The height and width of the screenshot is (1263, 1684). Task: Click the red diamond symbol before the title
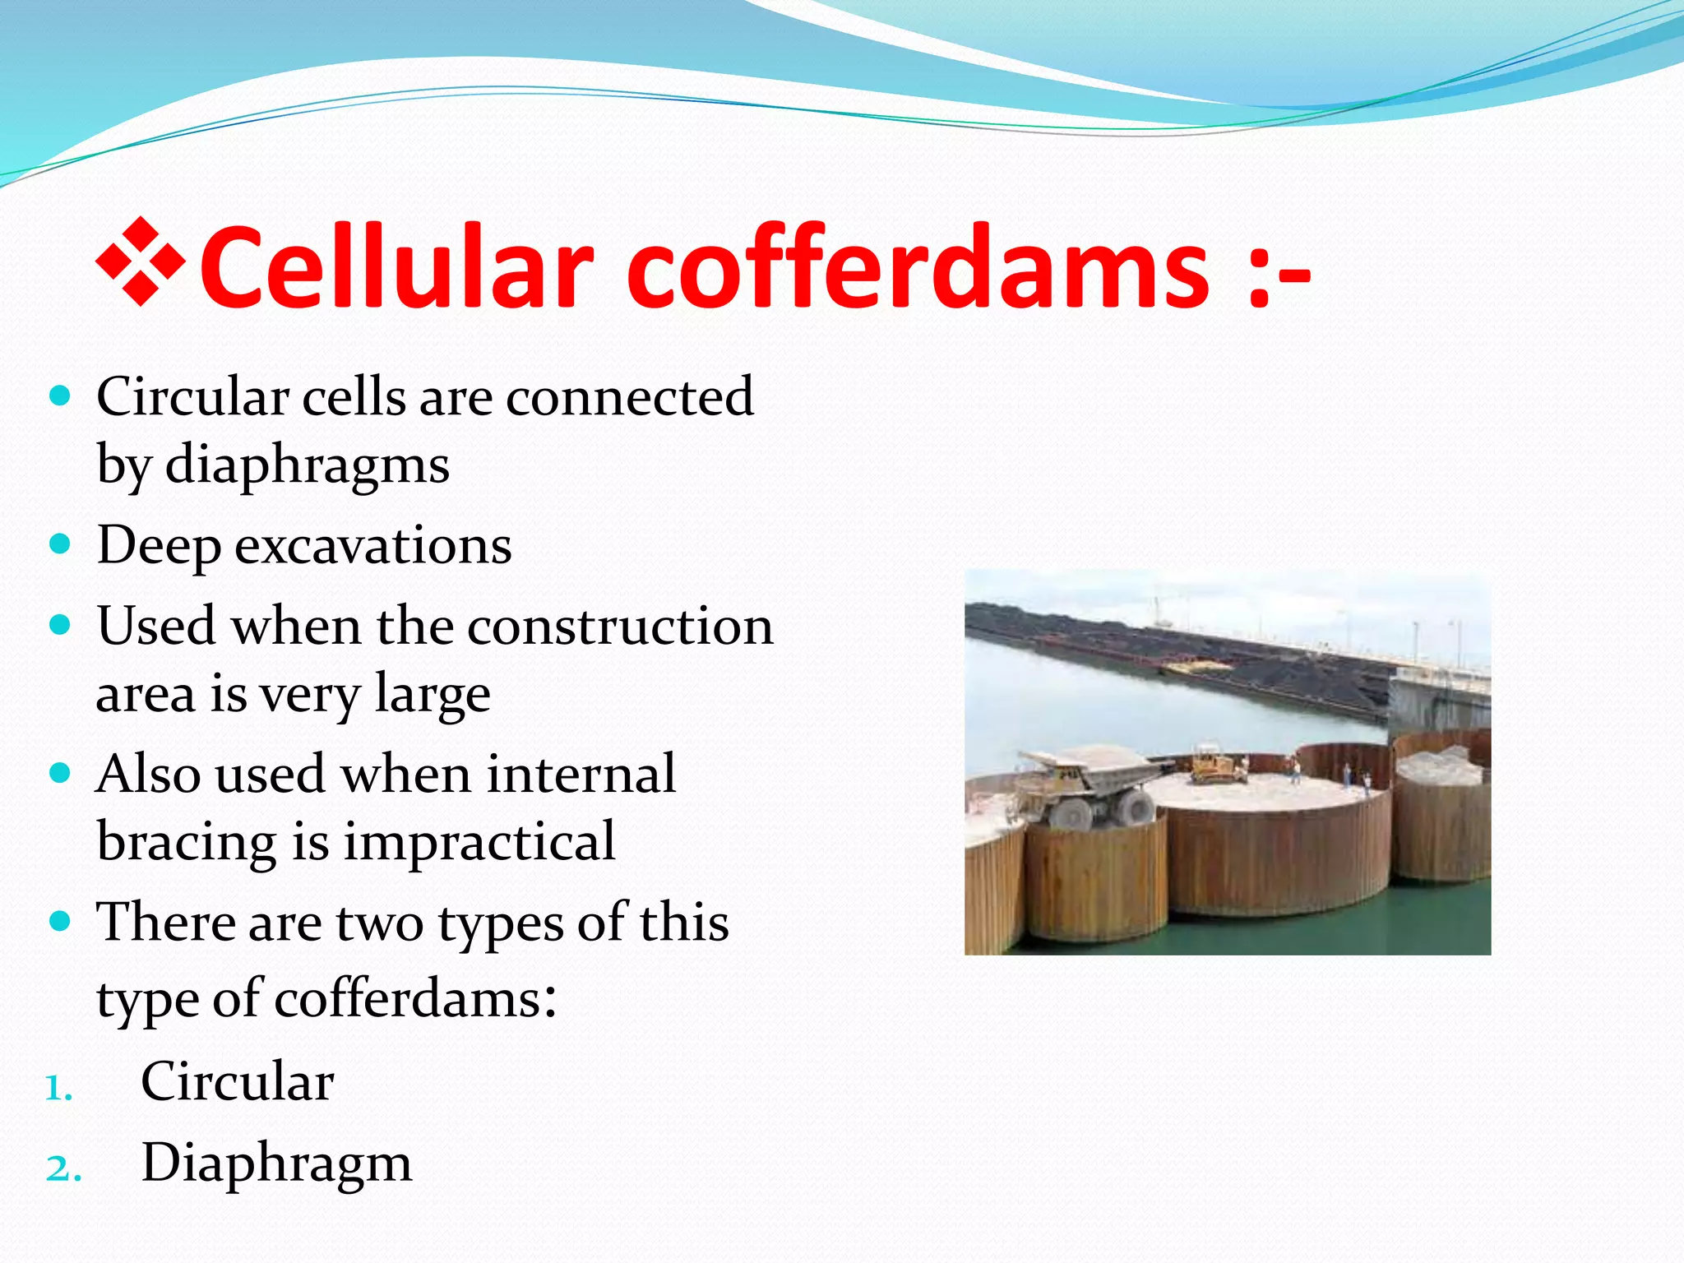pos(141,262)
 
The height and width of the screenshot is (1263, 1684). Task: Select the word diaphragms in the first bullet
pos(308,465)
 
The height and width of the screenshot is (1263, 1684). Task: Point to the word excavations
pos(373,545)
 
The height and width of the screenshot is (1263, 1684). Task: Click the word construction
pos(621,627)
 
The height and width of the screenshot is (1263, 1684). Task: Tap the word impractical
pos(479,841)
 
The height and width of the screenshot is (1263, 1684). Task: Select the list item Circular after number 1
pos(237,1081)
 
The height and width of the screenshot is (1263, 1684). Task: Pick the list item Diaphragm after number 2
pos(276,1163)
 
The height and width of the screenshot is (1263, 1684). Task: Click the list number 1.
pos(58,1089)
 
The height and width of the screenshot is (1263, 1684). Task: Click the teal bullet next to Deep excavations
pos(60,544)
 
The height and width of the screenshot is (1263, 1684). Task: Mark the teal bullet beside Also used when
pos(60,773)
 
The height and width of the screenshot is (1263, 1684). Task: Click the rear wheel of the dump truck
pos(1135,808)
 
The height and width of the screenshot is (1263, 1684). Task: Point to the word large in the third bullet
pos(433,694)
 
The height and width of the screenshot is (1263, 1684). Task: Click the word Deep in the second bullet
pos(159,545)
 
